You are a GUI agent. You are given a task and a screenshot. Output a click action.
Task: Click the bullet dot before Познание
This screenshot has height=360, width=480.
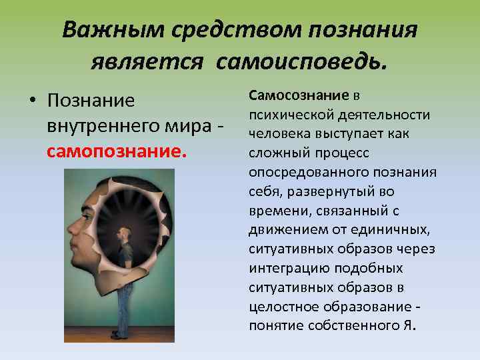pyautogui.click(x=32, y=101)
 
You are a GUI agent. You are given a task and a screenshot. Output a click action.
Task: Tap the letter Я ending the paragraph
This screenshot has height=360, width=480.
pyautogui.click(x=409, y=326)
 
